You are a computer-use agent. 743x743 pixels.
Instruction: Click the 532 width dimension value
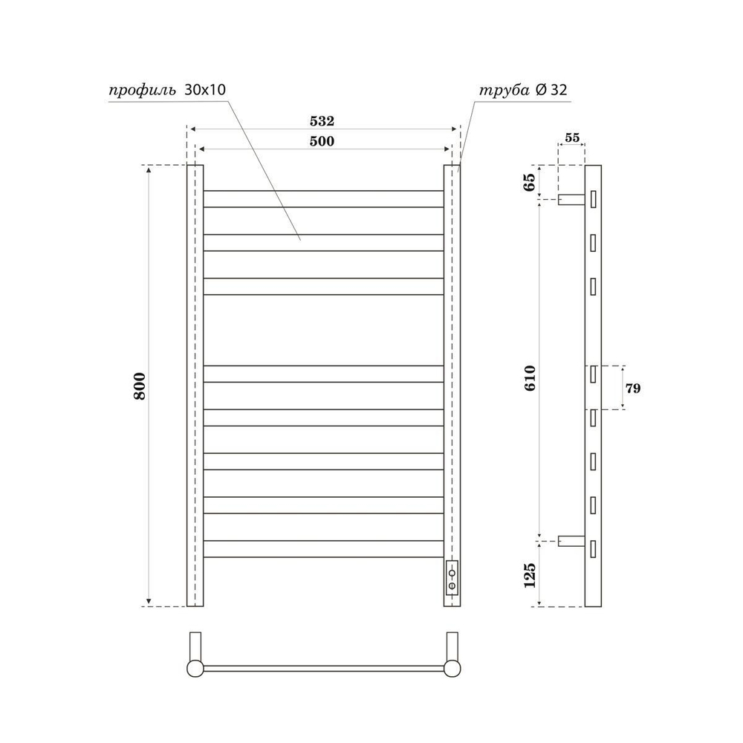tap(323, 120)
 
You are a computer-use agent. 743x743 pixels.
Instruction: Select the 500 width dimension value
tap(323, 141)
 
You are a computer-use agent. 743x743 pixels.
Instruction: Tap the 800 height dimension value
tap(140, 385)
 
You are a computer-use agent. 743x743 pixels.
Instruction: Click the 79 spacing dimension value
tap(633, 388)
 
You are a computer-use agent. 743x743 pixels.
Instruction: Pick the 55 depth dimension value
tap(571, 137)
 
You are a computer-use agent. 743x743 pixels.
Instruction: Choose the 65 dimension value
tap(530, 181)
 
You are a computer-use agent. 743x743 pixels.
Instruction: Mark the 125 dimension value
tap(530, 574)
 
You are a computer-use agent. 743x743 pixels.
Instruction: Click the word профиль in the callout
tap(142, 91)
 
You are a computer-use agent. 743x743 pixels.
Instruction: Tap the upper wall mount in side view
tap(571, 199)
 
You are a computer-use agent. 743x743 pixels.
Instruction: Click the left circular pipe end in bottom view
tap(195, 667)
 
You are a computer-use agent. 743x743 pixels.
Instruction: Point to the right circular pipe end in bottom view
tap(452, 667)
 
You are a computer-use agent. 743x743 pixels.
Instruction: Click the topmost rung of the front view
tap(323, 198)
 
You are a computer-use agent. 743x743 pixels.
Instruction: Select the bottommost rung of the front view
tap(323, 549)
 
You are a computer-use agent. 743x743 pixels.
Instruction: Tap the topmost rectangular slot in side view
tap(594, 199)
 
